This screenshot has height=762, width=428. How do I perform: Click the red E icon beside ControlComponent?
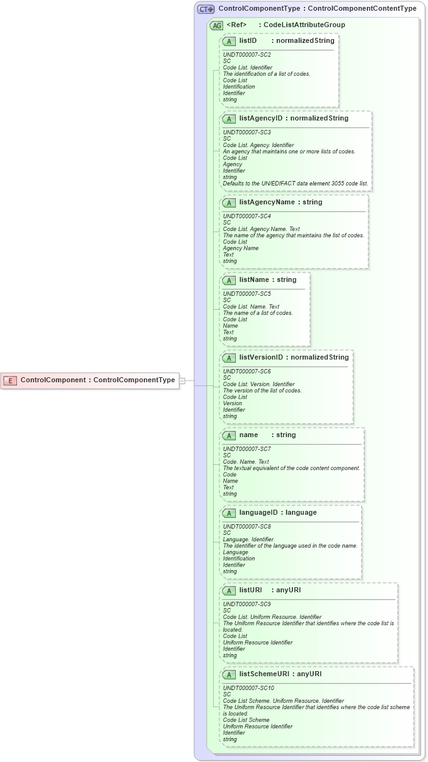coord(10,380)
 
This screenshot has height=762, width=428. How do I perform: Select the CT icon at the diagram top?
coord(206,9)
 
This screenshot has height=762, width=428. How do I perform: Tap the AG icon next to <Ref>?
coord(216,26)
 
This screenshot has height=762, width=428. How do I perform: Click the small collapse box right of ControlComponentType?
coord(182,380)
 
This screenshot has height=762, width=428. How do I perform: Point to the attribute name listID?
coord(248,41)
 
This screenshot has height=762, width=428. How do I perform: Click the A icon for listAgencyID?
coord(229,119)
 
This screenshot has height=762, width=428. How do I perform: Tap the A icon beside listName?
coord(229,280)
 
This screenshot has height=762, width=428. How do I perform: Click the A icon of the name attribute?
coord(229,435)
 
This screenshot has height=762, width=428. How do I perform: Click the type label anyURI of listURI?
coord(289,590)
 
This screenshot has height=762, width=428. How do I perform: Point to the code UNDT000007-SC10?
coord(248,688)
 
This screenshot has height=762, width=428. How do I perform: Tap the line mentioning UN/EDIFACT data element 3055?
coord(296,184)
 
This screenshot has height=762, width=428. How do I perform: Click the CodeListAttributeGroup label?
coord(304,25)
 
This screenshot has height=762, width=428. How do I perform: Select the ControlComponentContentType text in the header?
coord(362,9)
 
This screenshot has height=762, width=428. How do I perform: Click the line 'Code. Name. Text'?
coord(246,462)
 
